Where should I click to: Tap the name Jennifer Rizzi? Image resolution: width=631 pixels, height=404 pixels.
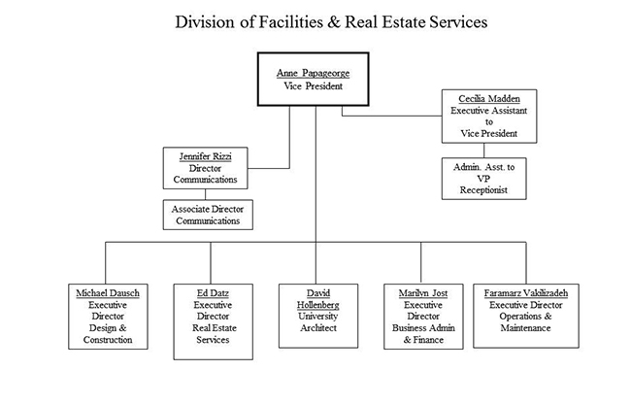click(210, 155)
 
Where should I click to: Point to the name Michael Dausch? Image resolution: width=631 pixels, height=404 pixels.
click(108, 292)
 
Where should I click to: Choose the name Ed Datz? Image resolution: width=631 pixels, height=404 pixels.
click(212, 292)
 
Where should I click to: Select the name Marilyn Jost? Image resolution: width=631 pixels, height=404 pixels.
click(421, 292)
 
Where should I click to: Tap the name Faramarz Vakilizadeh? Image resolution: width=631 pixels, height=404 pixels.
click(525, 292)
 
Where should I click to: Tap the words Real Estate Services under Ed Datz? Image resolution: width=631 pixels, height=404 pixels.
click(212, 334)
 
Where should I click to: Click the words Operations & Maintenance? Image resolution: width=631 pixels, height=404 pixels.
click(525, 322)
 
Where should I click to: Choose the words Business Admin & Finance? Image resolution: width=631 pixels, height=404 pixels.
click(421, 334)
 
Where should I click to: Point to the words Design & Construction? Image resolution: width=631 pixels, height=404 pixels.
click(108, 334)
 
